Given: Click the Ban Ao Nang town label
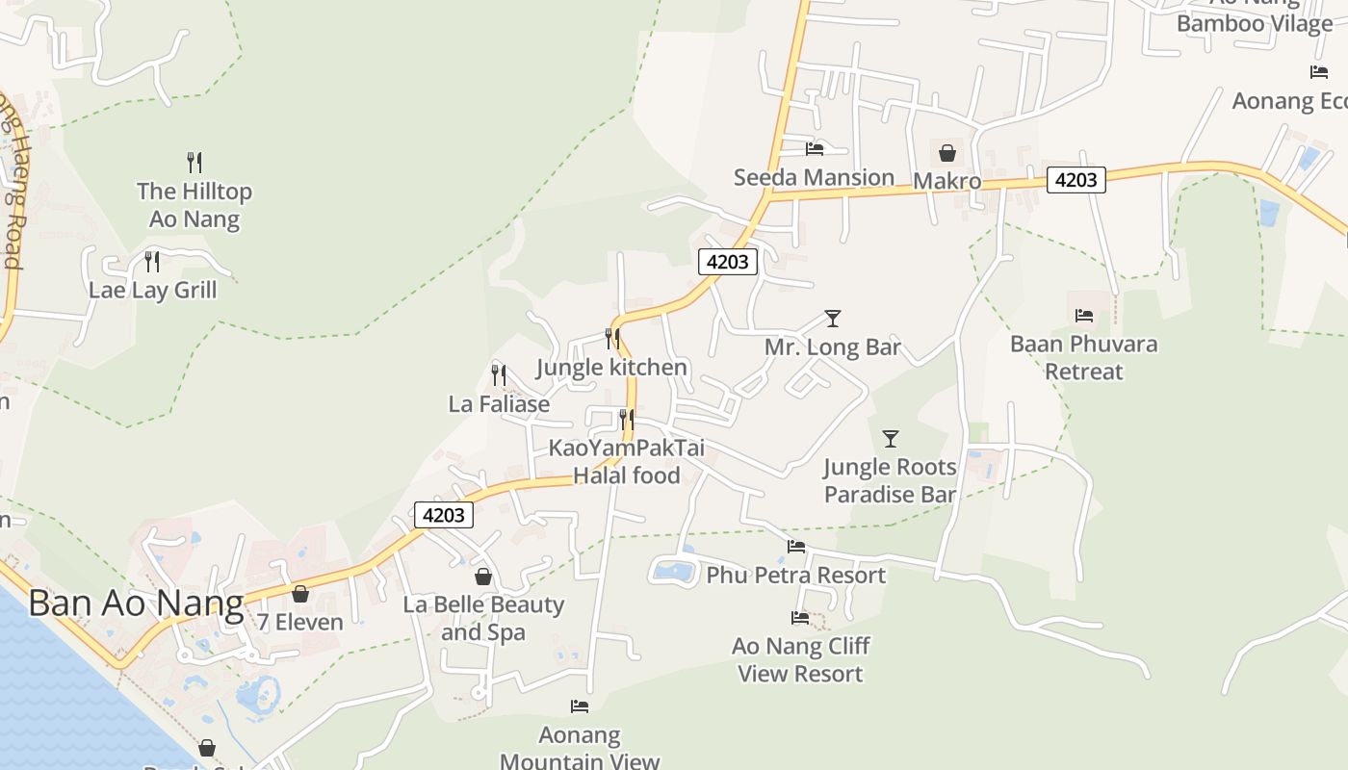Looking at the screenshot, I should point(135,603).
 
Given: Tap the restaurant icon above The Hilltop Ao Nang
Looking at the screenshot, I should point(194,162).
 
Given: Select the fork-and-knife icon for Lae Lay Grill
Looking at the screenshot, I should point(152,261).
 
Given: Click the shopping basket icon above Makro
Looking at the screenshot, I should point(946,152).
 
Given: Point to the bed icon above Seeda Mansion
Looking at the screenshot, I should point(815,148).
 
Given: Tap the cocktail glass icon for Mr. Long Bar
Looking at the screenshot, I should point(833,318).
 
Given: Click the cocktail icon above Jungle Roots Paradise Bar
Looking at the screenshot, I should point(891,439).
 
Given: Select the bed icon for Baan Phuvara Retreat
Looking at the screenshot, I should point(1084,315).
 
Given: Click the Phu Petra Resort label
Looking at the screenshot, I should point(795,576).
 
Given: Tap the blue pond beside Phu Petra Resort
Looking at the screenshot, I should point(674,572).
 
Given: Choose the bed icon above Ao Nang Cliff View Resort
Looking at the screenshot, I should point(800,617).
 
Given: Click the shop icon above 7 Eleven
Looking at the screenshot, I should point(300,594).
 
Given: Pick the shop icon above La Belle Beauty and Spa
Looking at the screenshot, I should point(483,577).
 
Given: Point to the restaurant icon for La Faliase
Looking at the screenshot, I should point(499,374).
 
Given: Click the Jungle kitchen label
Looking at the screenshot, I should point(611,368).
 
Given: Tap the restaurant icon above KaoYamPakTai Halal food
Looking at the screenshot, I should point(627,419).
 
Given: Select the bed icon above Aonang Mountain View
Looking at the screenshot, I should point(580,706).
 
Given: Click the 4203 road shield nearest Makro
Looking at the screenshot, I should point(1076,179).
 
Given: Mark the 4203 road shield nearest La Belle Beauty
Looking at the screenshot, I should point(444,515).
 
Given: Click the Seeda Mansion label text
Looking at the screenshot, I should point(814,177).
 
